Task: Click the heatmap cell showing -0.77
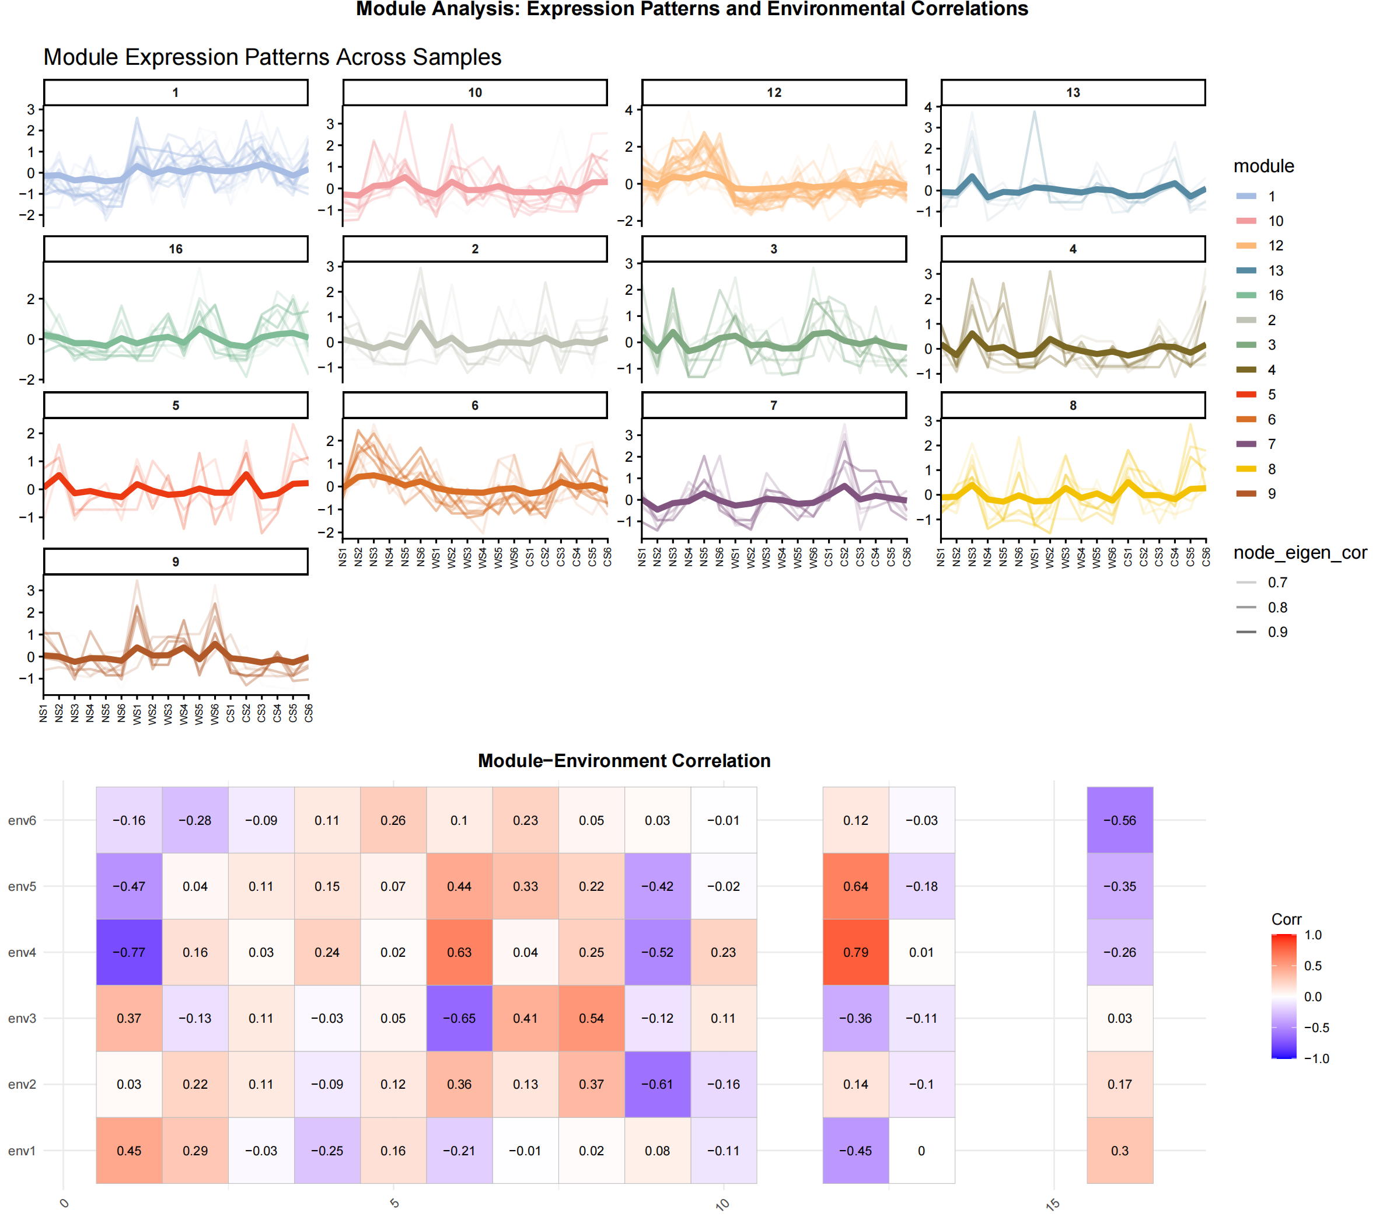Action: pos(128,952)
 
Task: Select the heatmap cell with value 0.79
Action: pos(855,952)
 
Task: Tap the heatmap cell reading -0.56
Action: pos(1119,820)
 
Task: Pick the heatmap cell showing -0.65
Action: pos(459,1018)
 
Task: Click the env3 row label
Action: pos(22,1018)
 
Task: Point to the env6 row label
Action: pos(22,820)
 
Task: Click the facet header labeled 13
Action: pos(1073,92)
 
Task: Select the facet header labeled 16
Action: pos(176,249)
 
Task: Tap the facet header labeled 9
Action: pos(176,562)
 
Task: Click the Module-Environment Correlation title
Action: pos(624,760)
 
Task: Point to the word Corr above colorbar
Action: pos(1286,919)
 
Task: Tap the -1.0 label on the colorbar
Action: pos(1316,1058)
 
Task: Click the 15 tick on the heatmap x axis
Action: pos(1053,1204)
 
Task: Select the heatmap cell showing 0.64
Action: pos(855,886)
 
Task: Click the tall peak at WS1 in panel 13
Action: pos(1034,113)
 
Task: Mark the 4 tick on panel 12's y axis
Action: pos(628,110)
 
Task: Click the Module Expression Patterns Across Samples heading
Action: pos(272,57)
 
